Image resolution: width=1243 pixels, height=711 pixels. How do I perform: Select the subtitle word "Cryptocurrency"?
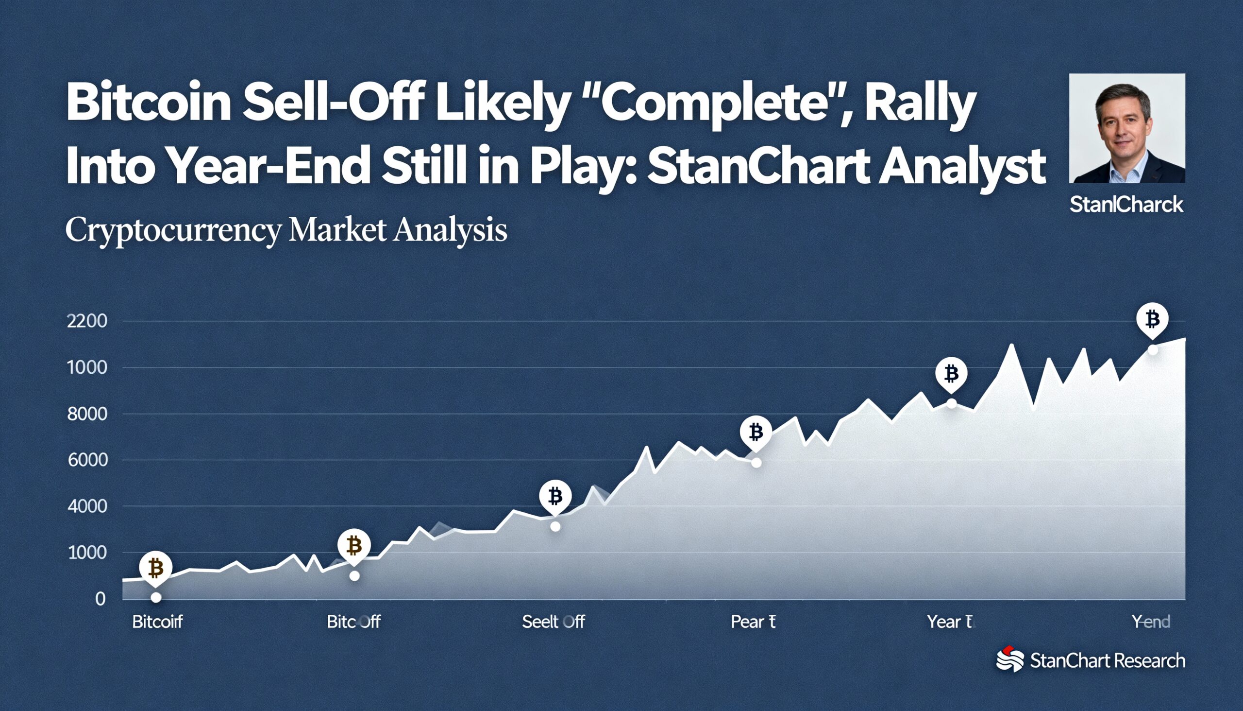click(x=173, y=229)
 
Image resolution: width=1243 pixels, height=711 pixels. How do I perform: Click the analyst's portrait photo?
click(x=1127, y=128)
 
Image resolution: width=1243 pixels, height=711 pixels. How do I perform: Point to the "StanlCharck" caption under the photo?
click(x=1126, y=205)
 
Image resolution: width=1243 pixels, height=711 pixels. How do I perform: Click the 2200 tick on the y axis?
click(x=87, y=321)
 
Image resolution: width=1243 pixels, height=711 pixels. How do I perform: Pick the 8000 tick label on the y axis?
click(x=87, y=414)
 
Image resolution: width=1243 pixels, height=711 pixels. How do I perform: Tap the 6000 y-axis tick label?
click(x=87, y=460)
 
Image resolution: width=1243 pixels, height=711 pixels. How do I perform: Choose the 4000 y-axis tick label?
click(x=87, y=506)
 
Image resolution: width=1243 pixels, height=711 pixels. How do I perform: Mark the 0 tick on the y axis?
click(x=100, y=599)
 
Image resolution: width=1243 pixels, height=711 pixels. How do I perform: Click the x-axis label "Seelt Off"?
click(x=553, y=622)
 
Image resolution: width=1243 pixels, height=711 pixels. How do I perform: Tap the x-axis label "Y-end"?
click(x=1150, y=622)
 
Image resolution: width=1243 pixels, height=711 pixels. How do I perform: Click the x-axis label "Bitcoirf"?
click(x=157, y=622)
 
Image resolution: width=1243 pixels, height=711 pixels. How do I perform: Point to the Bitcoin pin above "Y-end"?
click(x=1152, y=320)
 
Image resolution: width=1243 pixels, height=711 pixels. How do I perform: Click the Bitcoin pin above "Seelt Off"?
click(x=555, y=497)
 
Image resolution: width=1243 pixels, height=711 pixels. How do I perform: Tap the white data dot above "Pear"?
click(x=756, y=463)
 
